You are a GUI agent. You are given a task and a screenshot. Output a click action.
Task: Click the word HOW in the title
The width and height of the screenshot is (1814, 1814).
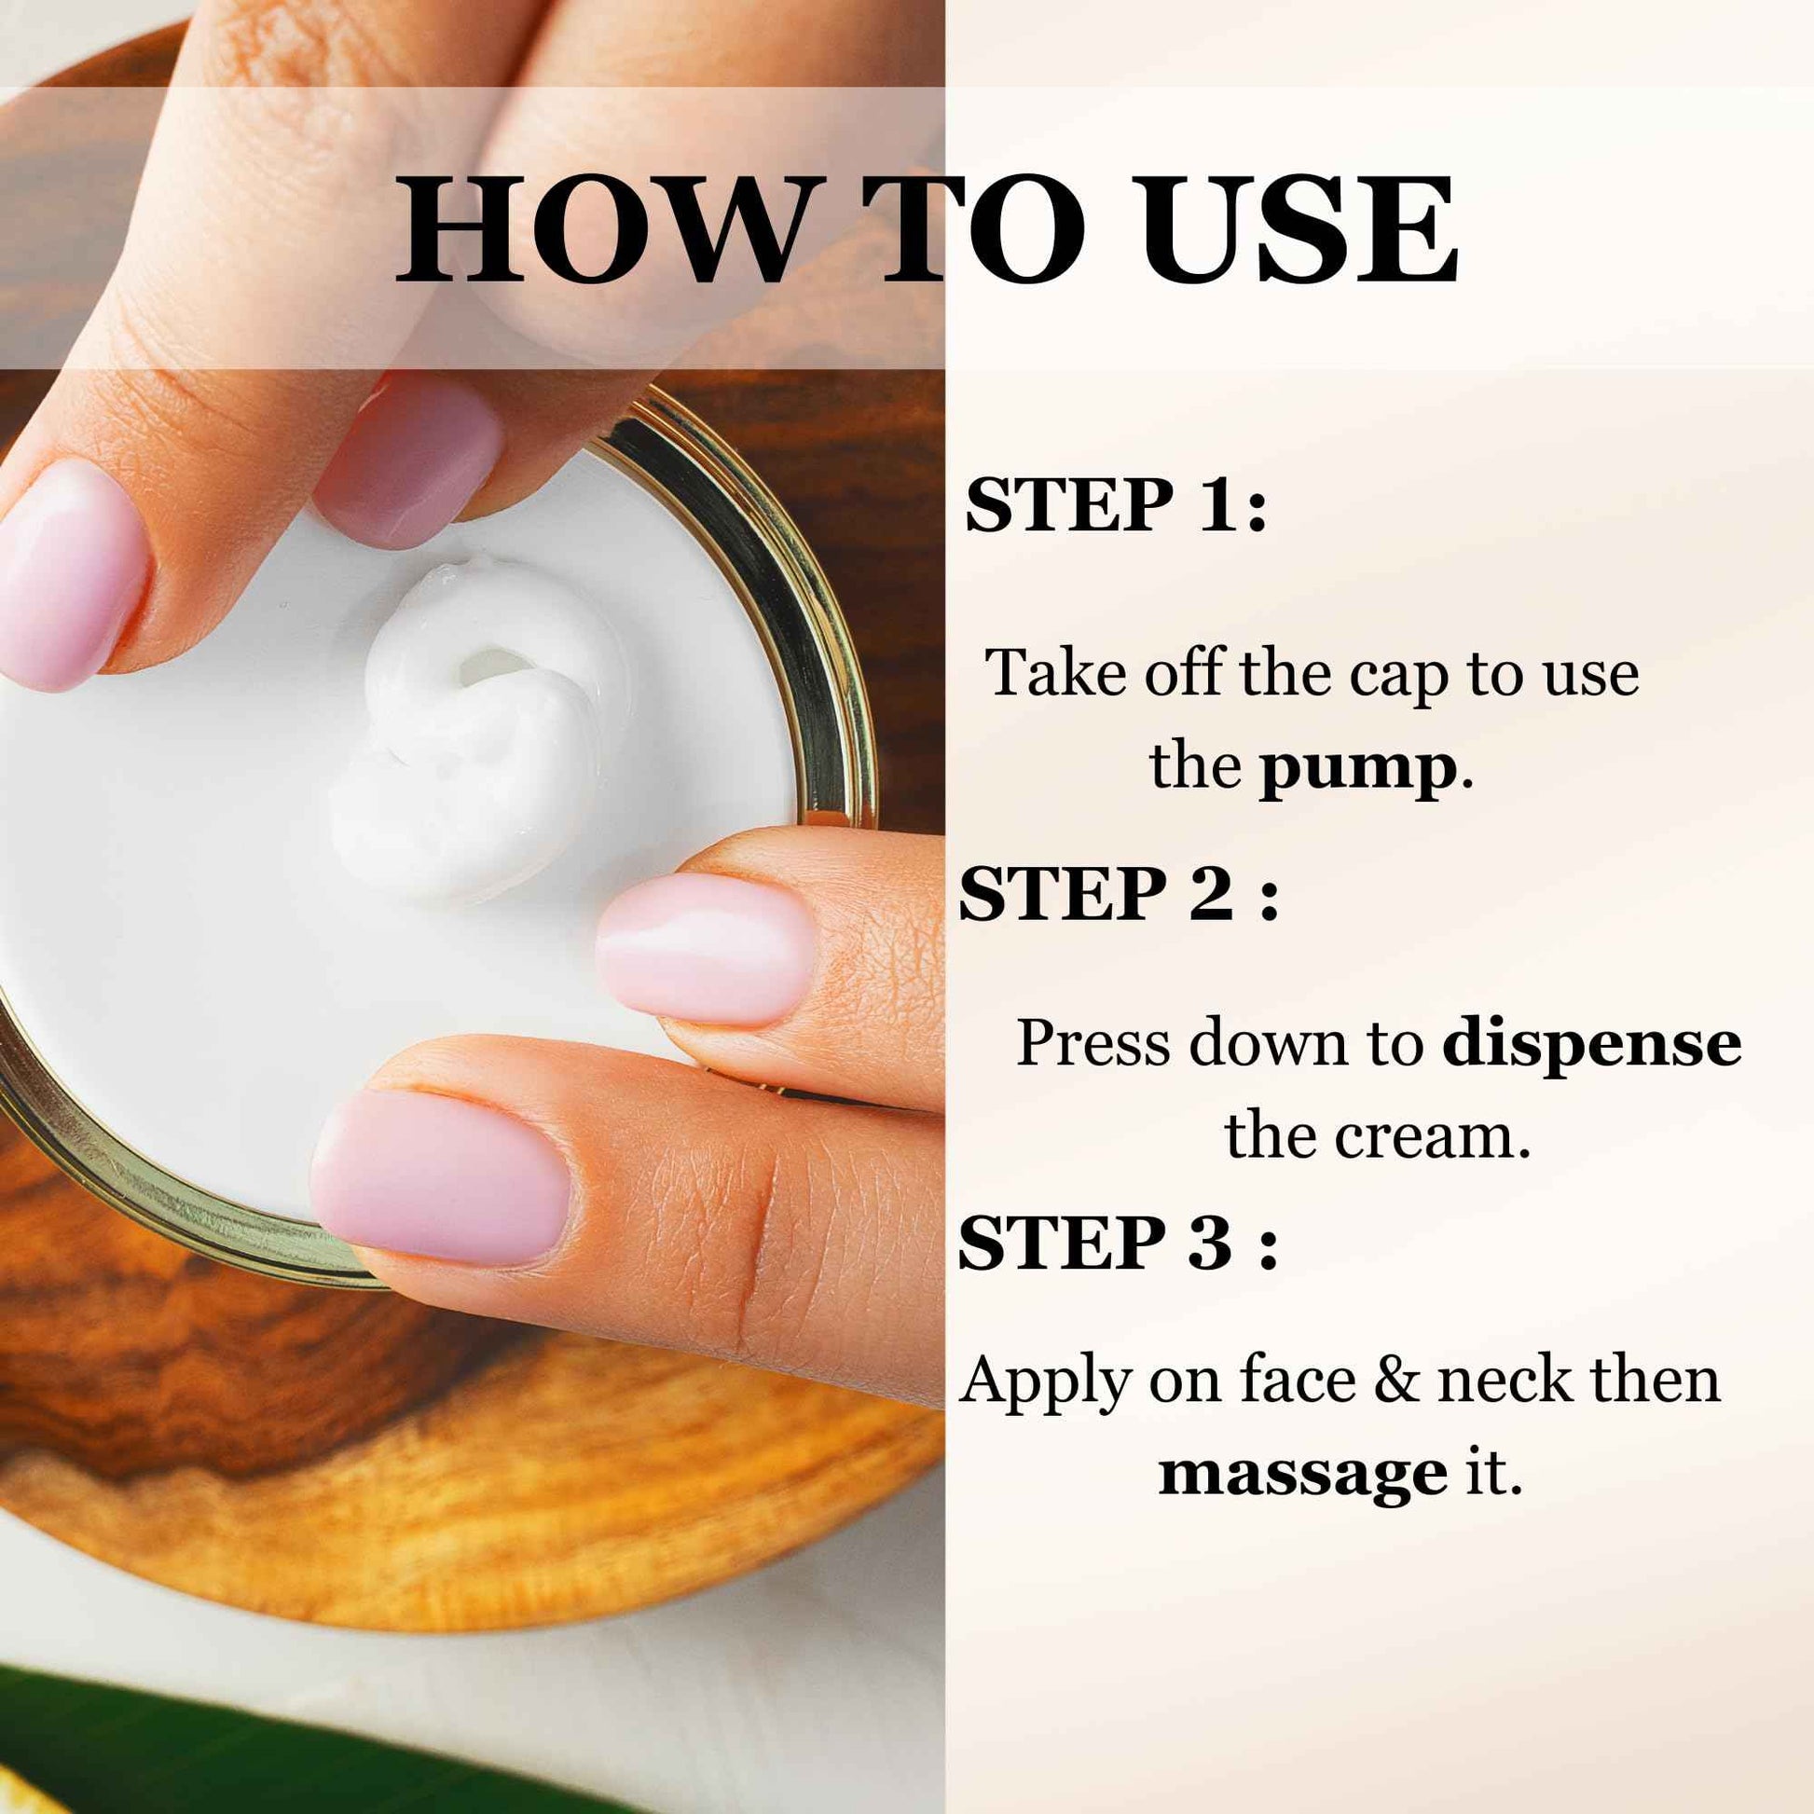pos(601,230)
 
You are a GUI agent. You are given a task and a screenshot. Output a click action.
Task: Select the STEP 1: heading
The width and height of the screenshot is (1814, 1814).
pos(1117,505)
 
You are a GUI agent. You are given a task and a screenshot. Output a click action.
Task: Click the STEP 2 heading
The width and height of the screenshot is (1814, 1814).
pos(1118,894)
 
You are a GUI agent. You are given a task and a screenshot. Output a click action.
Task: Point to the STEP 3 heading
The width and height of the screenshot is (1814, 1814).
pos(1118,1244)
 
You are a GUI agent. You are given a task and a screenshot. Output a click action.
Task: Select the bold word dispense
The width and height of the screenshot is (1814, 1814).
pos(1591,1043)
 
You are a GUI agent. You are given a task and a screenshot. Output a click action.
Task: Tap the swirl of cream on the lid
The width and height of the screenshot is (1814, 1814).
pos(470,723)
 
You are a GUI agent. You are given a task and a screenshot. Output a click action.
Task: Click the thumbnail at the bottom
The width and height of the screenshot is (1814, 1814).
pos(439,1175)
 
